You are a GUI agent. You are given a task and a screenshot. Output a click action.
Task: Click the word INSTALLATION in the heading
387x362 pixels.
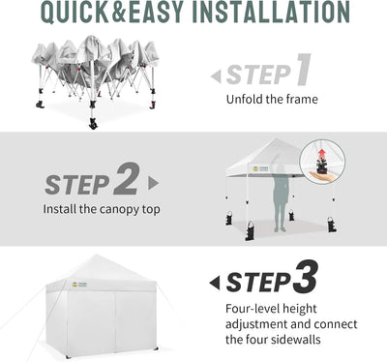pos(271,12)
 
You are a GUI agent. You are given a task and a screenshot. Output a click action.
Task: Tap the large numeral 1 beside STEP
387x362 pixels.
pos(303,70)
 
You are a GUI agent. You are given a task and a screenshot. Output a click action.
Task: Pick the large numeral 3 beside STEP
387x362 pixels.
pos(305,276)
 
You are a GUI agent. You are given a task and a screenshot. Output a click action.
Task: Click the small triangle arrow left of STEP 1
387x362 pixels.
pos(216,76)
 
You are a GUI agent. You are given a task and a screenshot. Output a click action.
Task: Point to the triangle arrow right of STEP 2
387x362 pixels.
pos(153,183)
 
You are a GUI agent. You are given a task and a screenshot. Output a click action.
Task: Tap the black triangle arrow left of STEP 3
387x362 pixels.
pos(215,283)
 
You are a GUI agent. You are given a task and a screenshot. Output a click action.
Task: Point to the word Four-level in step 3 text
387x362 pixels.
pos(253,309)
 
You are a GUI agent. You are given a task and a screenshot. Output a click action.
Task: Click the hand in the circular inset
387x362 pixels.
pos(322,175)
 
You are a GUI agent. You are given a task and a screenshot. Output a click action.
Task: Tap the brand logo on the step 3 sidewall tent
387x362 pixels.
pos(79,285)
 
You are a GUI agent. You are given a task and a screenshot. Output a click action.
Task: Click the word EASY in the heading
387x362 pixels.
pos(153,12)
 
